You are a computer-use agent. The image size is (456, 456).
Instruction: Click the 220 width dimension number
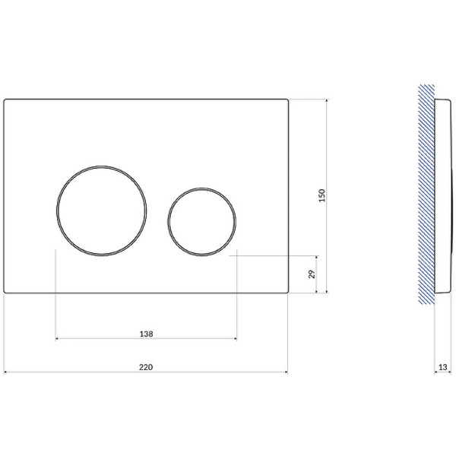click(x=146, y=367)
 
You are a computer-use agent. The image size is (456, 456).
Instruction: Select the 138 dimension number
click(x=146, y=334)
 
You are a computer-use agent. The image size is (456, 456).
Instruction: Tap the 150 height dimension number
click(x=322, y=195)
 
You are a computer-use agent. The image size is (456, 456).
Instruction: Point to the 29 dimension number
click(x=312, y=274)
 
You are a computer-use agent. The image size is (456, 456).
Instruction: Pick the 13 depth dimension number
click(x=442, y=367)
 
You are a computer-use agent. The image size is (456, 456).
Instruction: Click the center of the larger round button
click(x=102, y=211)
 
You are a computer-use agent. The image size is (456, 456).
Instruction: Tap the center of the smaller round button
click(x=202, y=222)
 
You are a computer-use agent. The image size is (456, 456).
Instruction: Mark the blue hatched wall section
click(x=426, y=195)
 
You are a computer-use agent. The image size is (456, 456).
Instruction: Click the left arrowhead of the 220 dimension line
click(x=5, y=372)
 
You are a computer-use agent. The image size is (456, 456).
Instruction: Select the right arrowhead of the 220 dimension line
click(x=287, y=372)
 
